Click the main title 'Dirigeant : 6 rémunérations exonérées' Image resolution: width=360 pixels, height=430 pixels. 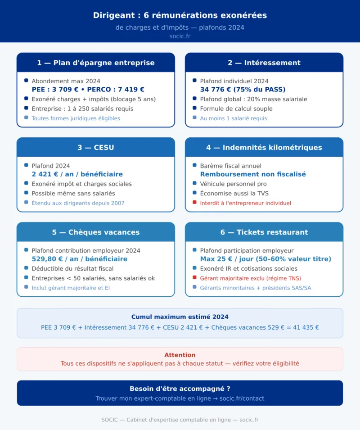[x=180, y=15]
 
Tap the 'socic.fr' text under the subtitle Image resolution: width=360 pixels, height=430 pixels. [x=180, y=36]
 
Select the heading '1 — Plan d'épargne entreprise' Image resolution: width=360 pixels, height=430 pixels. [x=96, y=63]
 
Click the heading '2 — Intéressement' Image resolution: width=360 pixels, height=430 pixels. [x=264, y=63]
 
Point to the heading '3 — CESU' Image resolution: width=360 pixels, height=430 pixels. [x=96, y=147]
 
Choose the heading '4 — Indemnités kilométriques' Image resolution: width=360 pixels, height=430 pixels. [x=264, y=147]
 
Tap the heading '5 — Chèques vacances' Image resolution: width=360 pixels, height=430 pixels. [x=96, y=232]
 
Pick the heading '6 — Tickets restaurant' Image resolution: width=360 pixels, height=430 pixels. [x=264, y=232]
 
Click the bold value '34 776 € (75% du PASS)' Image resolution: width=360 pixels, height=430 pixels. [x=243, y=90]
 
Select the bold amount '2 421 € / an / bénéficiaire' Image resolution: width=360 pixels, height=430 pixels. [x=77, y=174]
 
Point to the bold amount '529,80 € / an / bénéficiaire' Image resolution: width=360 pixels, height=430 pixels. [x=79, y=259]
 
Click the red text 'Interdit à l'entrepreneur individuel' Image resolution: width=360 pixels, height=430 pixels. [x=245, y=203]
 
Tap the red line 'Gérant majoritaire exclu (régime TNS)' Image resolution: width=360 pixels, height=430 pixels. [x=250, y=278]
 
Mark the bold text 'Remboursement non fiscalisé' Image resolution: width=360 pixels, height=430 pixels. [x=253, y=174]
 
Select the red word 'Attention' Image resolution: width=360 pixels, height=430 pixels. [x=180, y=355]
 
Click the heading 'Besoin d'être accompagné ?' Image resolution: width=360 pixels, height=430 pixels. [x=180, y=389]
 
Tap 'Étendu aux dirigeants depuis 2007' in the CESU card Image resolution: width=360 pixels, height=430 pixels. [x=78, y=203]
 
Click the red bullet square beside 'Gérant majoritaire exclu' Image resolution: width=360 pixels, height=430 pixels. [x=194, y=278]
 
